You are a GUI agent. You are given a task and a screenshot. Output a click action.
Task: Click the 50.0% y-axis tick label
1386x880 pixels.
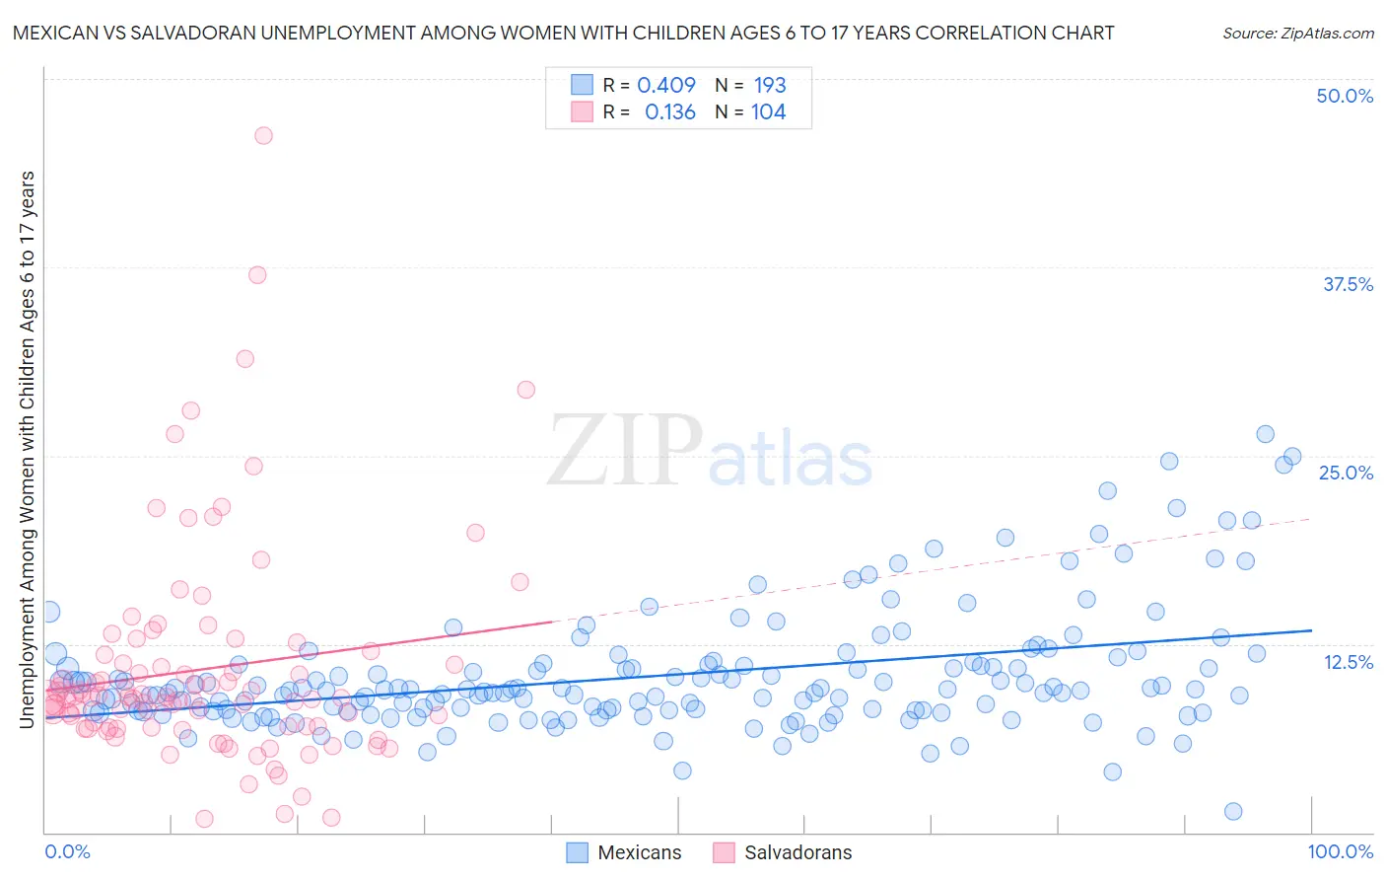click(1345, 96)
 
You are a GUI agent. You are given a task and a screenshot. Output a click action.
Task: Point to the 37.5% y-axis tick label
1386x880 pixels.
click(1348, 284)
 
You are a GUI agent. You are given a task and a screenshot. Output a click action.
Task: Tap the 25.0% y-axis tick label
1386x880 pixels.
click(1346, 473)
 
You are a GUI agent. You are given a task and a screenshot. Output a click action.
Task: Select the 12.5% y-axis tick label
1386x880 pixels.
click(1348, 662)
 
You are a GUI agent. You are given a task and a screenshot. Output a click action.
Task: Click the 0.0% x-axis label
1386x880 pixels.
click(67, 851)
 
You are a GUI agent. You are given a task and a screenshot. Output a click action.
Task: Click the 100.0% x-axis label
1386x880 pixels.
click(1340, 851)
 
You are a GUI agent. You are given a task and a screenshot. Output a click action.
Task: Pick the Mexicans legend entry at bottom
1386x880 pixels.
click(624, 852)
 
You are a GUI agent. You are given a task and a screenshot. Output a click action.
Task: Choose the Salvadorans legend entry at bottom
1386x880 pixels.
click(782, 852)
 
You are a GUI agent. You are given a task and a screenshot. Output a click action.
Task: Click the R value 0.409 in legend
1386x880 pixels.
click(666, 85)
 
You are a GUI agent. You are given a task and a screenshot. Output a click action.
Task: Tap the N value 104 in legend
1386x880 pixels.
click(768, 112)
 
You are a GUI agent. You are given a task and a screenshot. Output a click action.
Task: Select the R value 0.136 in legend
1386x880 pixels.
click(670, 112)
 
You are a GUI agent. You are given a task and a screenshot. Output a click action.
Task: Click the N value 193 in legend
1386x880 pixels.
click(770, 85)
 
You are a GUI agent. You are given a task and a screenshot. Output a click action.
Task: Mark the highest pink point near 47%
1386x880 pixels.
click(263, 135)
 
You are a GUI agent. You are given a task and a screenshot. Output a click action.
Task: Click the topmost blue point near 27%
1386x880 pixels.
click(1265, 434)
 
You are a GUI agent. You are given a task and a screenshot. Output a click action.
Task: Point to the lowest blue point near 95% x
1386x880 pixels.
click(1233, 811)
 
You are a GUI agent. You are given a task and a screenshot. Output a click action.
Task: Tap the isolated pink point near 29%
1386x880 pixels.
click(525, 390)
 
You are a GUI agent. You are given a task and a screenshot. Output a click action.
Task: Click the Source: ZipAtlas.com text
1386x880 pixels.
click(1297, 34)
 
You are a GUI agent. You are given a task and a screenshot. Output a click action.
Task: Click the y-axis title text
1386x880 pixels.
click(27, 449)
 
